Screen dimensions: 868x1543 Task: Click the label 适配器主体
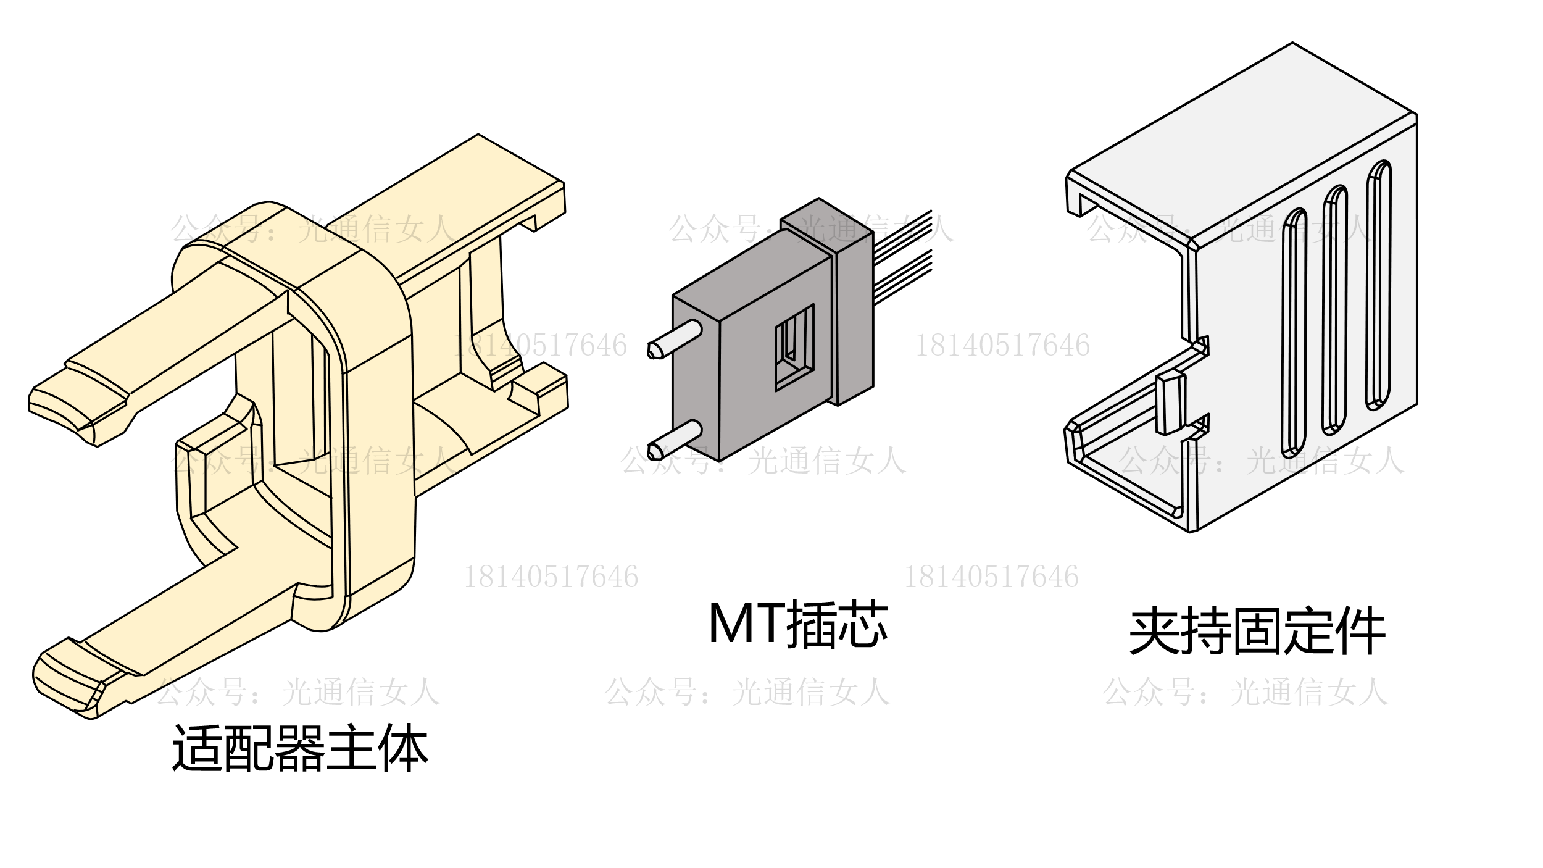click(300, 749)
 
